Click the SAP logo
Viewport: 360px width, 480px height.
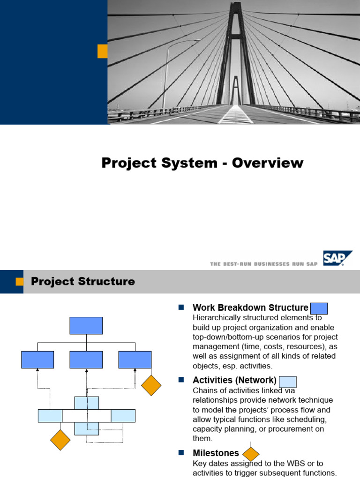[x=337, y=258]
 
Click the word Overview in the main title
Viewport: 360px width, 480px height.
[x=268, y=163]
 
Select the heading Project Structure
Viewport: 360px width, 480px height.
[x=82, y=282]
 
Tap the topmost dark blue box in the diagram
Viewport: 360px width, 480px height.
[x=86, y=325]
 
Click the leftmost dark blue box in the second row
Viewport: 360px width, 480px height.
[x=37, y=360]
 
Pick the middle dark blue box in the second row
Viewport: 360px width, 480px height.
[x=86, y=360]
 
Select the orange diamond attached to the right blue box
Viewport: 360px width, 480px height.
[x=151, y=385]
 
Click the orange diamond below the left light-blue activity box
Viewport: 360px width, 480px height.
[x=60, y=440]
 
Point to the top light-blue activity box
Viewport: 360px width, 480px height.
[x=87, y=403]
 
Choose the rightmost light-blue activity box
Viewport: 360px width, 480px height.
[x=123, y=416]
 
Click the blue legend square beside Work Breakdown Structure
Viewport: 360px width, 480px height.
[x=319, y=308]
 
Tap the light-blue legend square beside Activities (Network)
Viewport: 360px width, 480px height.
[x=287, y=382]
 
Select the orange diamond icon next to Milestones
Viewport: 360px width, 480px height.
[x=251, y=454]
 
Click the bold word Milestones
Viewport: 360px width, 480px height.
[x=216, y=453]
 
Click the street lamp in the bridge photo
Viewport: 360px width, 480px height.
[x=165, y=75]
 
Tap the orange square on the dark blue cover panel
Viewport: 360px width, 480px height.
[x=102, y=52]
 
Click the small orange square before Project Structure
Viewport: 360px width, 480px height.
[x=19, y=281]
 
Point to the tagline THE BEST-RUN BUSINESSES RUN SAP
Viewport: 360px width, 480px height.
[x=263, y=264]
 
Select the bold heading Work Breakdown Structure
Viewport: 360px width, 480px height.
[x=250, y=308]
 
